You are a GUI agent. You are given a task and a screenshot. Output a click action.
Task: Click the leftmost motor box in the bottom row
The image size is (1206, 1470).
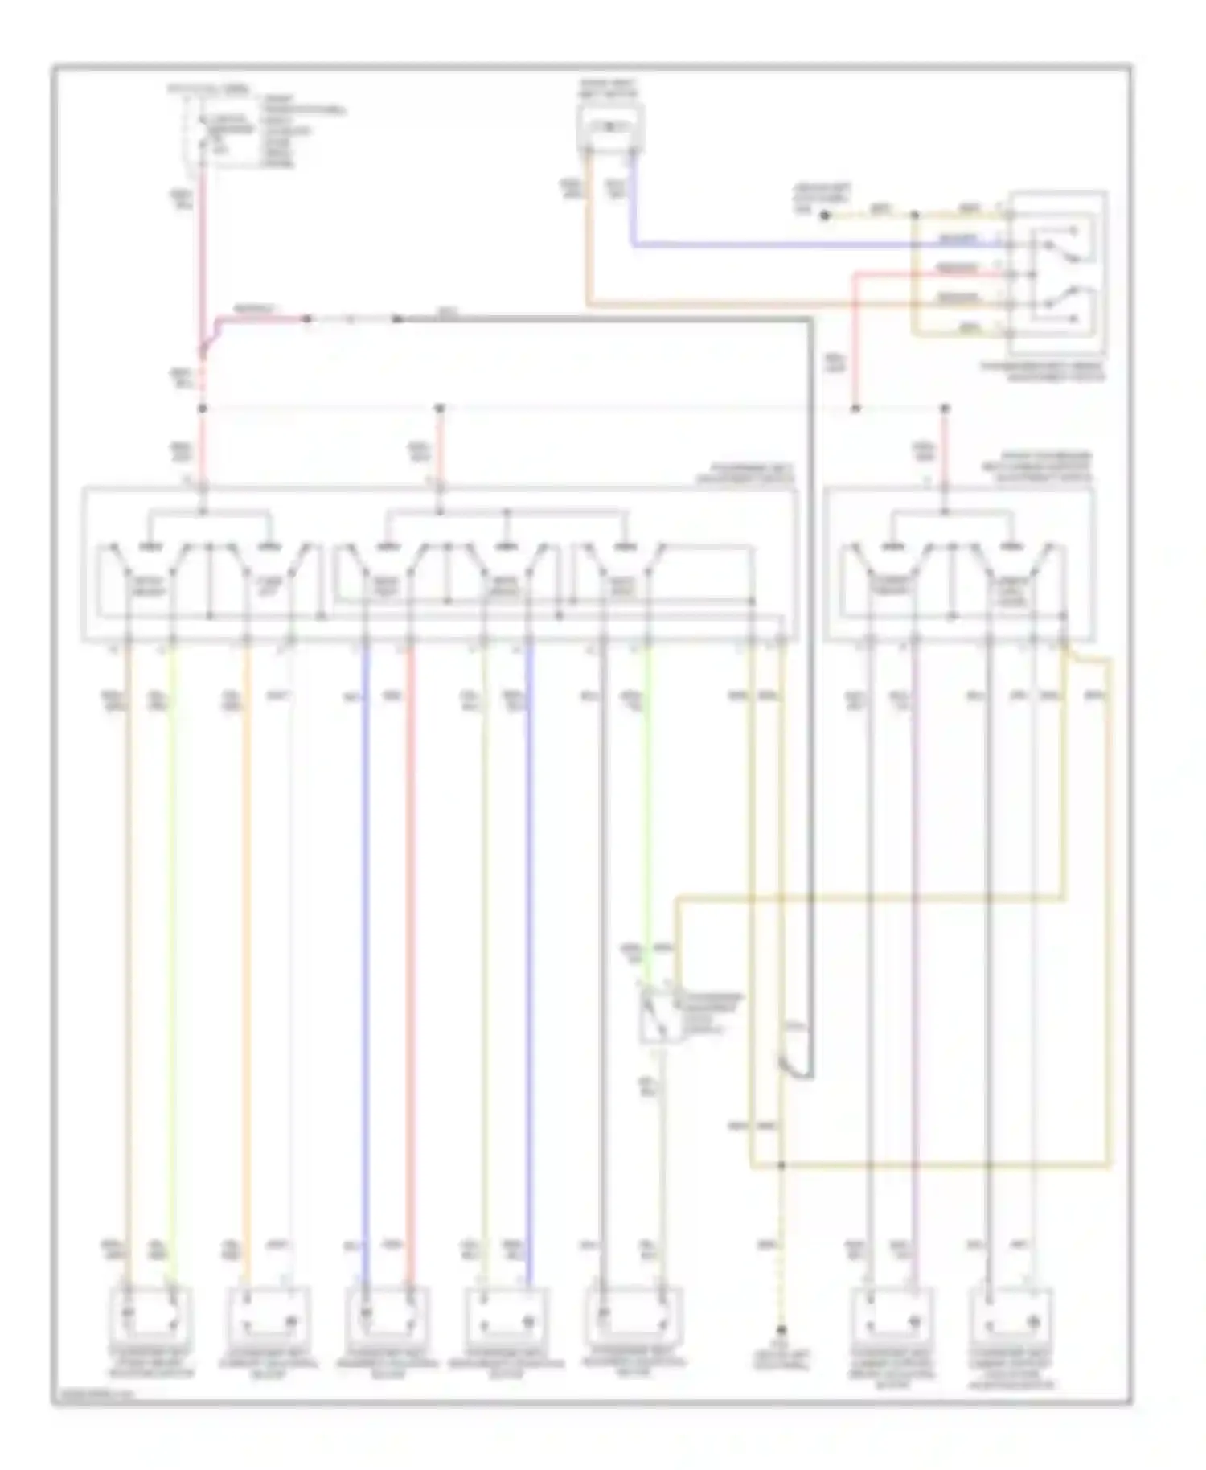click(x=150, y=1316)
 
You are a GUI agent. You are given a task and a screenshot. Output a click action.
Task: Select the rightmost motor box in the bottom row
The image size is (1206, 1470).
click(x=1012, y=1318)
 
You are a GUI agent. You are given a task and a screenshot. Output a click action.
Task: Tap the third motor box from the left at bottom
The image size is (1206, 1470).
click(x=388, y=1316)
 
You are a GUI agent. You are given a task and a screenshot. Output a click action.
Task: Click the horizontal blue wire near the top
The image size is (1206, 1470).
click(x=804, y=244)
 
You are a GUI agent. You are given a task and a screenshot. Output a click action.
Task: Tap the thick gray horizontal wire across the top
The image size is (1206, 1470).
click(x=603, y=319)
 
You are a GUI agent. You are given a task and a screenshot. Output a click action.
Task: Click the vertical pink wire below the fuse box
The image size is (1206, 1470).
click(x=203, y=257)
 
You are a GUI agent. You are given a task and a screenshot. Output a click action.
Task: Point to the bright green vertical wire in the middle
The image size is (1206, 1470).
click(x=648, y=804)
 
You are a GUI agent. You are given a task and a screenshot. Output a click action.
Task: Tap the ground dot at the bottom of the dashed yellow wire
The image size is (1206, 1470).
click(x=780, y=1331)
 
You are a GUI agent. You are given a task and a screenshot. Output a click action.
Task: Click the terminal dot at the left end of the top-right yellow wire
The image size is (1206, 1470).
click(x=825, y=216)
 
